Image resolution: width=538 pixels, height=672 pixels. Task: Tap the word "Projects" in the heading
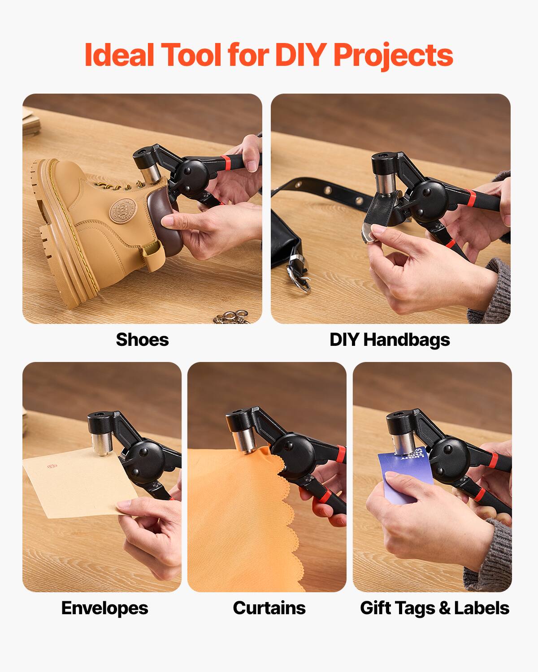393,56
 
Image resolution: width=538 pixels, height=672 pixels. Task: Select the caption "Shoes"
142,340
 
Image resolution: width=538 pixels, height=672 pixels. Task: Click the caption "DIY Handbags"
390,340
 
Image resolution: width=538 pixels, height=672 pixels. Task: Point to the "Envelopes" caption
104,608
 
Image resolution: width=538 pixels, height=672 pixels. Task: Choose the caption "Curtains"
269,608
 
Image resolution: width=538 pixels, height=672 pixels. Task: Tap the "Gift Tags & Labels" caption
434,608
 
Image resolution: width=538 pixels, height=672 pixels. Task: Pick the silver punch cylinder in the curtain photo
246,441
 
